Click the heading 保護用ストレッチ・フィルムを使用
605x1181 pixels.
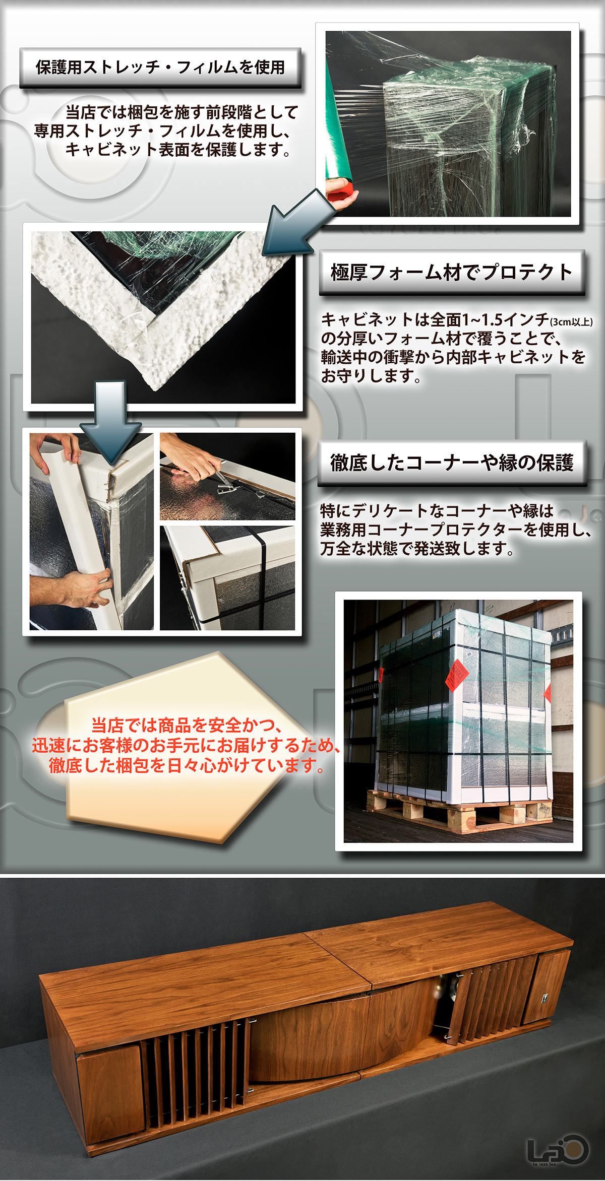[x=160, y=67]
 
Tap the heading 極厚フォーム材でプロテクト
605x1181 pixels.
[x=451, y=272]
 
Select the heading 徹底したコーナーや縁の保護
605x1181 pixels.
[x=452, y=463]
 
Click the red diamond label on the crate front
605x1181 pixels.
[x=456, y=675]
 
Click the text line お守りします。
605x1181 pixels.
[x=371, y=376]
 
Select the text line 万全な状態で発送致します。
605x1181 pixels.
[x=417, y=548]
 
